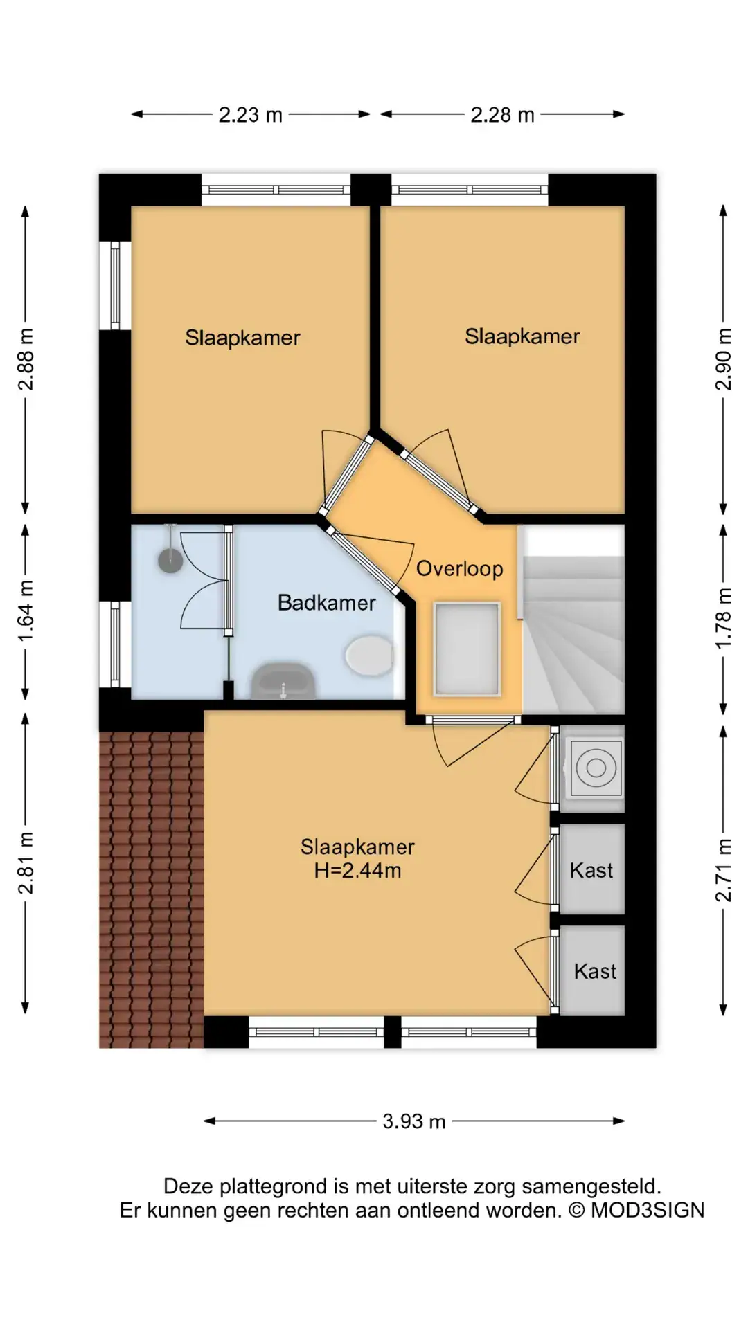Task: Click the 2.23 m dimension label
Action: [x=251, y=115]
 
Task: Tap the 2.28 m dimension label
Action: [x=503, y=115]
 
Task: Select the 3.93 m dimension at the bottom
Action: [x=414, y=1121]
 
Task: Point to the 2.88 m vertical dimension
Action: [x=26, y=359]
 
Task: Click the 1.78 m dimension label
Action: [x=723, y=618]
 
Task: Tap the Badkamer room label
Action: [x=326, y=603]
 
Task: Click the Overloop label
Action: [x=459, y=569]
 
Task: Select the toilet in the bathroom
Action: [x=369, y=656]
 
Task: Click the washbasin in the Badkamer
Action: [x=284, y=681]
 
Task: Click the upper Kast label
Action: [x=591, y=870]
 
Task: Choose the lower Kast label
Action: [x=595, y=971]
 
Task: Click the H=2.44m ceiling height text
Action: [x=357, y=871]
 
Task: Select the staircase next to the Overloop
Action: [x=573, y=619]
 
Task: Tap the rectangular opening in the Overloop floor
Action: [x=466, y=649]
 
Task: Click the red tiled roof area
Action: [x=152, y=889]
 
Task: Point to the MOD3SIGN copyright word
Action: [x=647, y=1210]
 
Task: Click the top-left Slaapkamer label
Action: [x=242, y=338]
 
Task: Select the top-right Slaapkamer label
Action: [x=522, y=336]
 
